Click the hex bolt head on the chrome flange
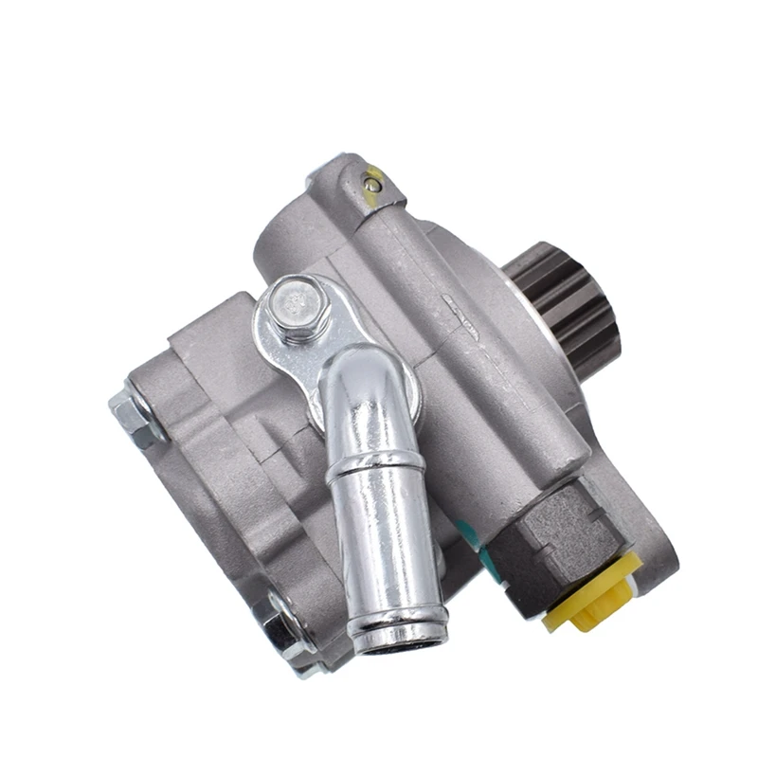click(x=298, y=306)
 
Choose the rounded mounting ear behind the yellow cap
click(x=654, y=550)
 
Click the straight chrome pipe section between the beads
click(x=384, y=540)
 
